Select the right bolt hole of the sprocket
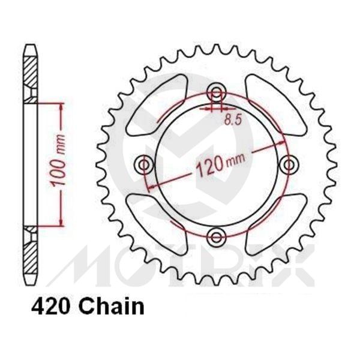click(288, 164)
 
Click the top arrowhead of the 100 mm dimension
click(61, 107)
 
